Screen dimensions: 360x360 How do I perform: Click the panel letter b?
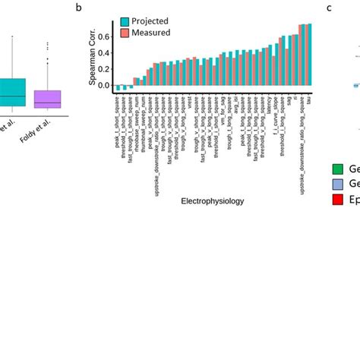coord(80,8)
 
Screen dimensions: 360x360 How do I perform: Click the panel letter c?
coord(330,8)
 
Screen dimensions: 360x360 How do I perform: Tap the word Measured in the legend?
coord(152,33)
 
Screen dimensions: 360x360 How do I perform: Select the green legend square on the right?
coord(338,169)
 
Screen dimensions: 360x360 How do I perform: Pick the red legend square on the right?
coord(338,199)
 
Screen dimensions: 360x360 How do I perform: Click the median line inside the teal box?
coord(12,96)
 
